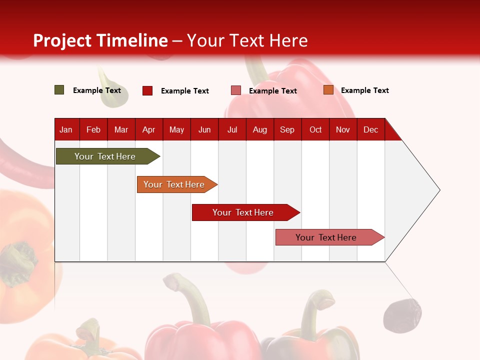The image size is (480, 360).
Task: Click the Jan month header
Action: pos(66,129)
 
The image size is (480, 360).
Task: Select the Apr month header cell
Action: pos(149,129)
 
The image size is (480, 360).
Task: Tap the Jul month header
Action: pos(232,129)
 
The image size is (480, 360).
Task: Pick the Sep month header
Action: pos(287,129)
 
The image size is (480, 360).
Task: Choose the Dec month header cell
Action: pos(370,129)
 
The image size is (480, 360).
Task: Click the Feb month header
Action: pos(93,129)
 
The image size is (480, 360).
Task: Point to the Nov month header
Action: pos(343,129)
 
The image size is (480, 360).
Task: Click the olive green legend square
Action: pos(59,90)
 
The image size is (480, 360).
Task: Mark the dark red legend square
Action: pos(147,90)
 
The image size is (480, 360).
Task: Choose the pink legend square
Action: pos(236,90)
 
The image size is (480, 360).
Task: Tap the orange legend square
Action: pos(328,90)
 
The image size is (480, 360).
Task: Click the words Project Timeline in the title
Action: pos(100,40)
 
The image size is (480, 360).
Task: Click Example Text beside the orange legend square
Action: pos(364,90)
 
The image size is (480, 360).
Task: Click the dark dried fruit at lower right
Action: pos(402,315)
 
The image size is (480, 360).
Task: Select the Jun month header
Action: pos(204,129)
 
